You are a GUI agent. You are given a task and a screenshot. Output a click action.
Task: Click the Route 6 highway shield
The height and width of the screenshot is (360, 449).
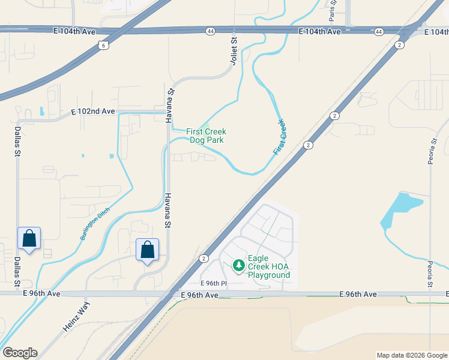(x=104, y=46)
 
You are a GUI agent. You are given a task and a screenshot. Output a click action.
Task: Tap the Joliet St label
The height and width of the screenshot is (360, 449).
(x=234, y=53)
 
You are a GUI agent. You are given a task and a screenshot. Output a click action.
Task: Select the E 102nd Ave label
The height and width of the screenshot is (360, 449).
(x=92, y=112)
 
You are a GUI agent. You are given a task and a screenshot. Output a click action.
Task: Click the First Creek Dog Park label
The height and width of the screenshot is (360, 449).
(x=206, y=136)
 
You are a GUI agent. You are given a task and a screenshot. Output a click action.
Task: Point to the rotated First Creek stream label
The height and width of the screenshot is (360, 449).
(x=280, y=137)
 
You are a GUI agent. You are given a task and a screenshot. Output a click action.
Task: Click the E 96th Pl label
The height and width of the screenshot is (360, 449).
(x=214, y=283)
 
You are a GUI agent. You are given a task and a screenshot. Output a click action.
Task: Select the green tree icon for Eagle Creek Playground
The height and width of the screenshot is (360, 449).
(x=239, y=265)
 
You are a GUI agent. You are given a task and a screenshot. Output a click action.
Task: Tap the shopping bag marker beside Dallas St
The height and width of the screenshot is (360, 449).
(x=29, y=239)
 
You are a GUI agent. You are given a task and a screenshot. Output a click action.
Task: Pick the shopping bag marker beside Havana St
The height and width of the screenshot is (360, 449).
(x=148, y=250)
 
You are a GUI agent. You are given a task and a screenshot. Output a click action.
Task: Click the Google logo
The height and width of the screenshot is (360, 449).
(x=20, y=353)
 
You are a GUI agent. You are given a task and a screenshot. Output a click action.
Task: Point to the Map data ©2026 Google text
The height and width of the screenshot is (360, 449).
(x=412, y=355)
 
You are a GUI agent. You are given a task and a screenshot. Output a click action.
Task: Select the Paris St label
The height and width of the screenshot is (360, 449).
(x=332, y=8)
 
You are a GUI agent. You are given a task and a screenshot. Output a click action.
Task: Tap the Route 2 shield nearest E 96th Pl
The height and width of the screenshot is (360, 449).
(x=204, y=259)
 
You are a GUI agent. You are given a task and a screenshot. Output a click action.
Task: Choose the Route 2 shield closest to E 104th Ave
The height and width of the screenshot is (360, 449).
(x=399, y=45)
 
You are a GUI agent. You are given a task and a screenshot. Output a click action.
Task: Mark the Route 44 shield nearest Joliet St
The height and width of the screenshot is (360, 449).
(x=210, y=31)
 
